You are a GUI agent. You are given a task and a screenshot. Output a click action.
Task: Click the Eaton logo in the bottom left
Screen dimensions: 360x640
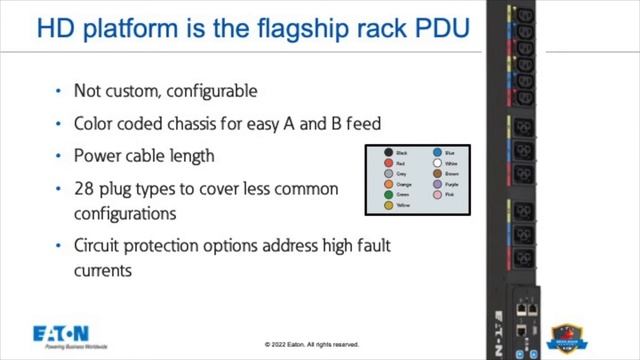click(62, 334)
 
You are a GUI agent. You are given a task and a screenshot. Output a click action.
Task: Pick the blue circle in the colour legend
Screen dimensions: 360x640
click(437, 153)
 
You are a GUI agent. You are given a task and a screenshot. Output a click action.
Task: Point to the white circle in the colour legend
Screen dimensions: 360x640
click(437, 163)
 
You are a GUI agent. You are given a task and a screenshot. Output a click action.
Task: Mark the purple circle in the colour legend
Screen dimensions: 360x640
click(437, 184)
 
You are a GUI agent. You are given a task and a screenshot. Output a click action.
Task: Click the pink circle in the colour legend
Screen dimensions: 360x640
click(437, 194)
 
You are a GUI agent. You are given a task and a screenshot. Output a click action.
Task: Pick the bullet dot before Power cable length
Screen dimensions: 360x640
click(58, 157)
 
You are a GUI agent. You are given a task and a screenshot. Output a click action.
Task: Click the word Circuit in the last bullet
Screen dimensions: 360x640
click(99, 245)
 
